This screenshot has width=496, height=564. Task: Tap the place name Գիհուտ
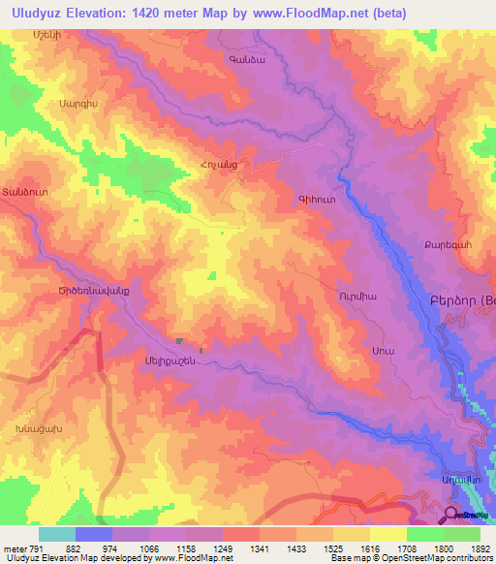click(x=318, y=200)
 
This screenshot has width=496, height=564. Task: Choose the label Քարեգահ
click(x=447, y=245)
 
